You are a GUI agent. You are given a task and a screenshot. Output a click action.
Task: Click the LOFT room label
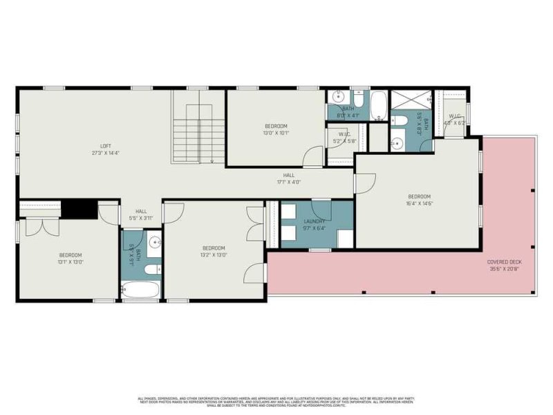pyautogui.click(x=105, y=149)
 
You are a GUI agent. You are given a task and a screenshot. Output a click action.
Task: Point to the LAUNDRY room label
pyautogui.click(x=314, y=225)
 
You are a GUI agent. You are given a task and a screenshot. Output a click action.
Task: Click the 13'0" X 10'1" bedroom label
pyautogui.click(x=276, y=129)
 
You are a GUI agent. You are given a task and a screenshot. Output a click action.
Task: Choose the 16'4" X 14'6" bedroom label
pyautogui.click(x=418, y=199)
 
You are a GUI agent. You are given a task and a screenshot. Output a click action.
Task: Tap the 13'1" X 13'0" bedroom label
pyautogui.click(x=70, y=258)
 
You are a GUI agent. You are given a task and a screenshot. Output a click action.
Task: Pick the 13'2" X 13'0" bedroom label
pyautogui.click(x=214, y=251)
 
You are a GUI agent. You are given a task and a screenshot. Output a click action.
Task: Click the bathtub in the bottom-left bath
pyautogui.click(x=140, y=289)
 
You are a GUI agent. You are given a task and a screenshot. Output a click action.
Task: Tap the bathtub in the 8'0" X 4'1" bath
pyautogui.click(x=378, y=106)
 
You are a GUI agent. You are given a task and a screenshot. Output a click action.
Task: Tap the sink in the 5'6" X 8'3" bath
pyautogui.click(x=397, y=143)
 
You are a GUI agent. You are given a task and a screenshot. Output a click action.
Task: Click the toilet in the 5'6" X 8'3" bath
pyautogui.click(x=398, y=122)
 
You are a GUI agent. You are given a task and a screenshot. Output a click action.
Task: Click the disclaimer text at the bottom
pyautogui.click(x=276, y=401)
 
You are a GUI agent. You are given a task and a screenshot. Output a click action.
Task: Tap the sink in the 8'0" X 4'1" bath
pyautogui.click(x=339, y=97)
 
